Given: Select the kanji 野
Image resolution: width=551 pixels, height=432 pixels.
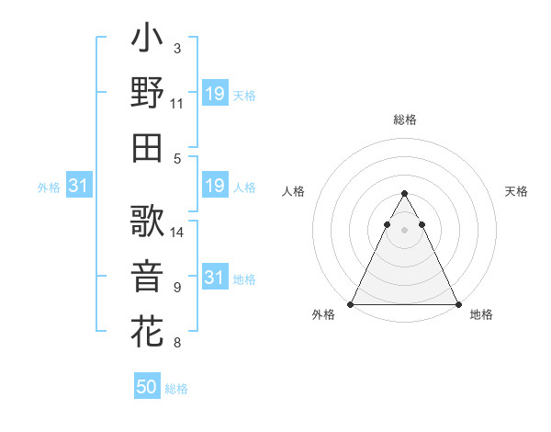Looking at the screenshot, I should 147,93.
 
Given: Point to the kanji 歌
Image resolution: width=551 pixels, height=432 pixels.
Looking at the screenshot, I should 147,222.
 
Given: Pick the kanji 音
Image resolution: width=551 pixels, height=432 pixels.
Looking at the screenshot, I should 147,276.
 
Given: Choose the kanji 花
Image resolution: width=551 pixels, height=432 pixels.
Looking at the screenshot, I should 147,329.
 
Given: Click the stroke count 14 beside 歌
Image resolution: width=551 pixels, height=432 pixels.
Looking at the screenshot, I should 177,233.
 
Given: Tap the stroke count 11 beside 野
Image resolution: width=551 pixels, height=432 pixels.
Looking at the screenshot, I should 177,104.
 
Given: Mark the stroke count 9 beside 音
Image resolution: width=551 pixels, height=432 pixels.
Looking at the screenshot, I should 177,288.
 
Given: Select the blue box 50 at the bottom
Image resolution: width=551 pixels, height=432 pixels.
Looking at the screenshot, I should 147,387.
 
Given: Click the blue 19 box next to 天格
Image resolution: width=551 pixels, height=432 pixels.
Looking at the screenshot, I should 214,94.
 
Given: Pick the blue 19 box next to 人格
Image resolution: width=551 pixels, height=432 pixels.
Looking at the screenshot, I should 214,187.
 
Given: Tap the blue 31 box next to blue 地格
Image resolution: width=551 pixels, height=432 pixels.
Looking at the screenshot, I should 214,278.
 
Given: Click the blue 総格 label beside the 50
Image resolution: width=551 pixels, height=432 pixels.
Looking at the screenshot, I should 176,389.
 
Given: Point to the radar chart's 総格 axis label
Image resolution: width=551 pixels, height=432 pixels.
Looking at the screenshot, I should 404,119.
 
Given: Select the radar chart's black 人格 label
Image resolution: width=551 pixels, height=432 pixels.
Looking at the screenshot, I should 295,191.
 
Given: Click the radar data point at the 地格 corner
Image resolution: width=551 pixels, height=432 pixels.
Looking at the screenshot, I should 458,304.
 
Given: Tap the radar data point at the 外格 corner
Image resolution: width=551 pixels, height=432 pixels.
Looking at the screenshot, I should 350,304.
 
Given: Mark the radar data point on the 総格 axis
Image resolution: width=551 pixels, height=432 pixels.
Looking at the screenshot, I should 404,194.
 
